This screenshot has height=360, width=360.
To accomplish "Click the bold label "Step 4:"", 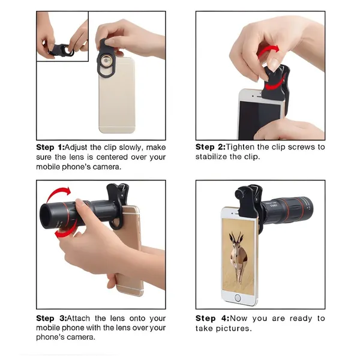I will click(211, 319).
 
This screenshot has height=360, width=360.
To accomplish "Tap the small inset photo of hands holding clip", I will click(62, 36).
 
